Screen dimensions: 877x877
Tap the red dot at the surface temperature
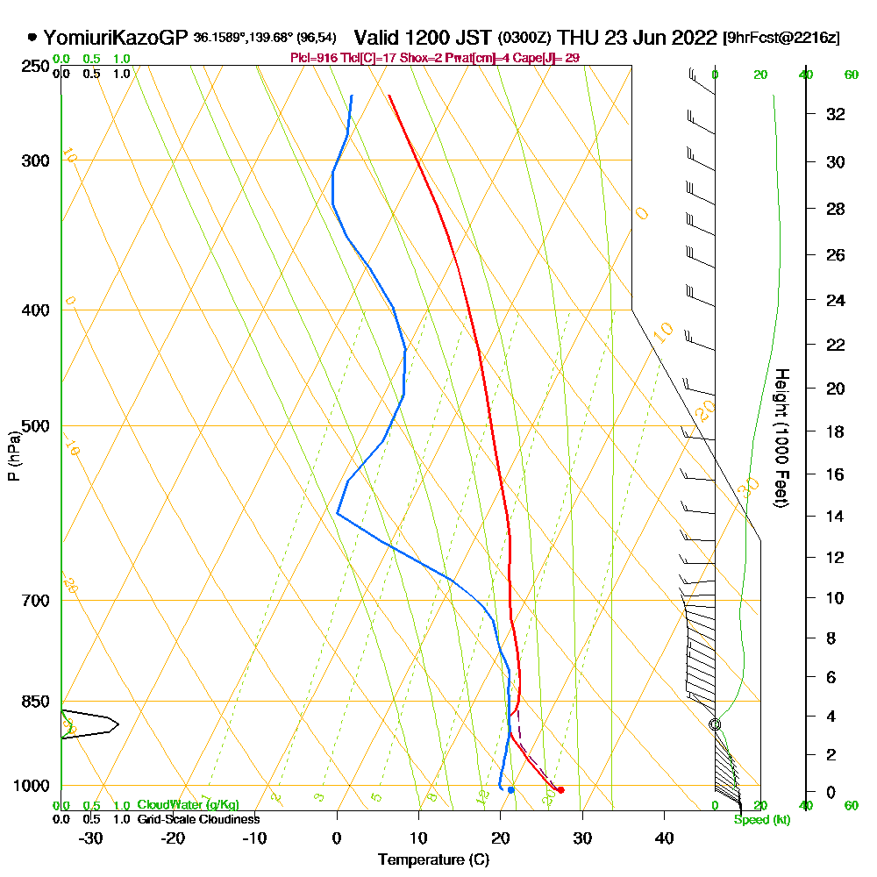(560, 790)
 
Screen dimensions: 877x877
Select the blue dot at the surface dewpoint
(510, 790)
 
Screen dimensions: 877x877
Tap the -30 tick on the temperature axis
(90, 838)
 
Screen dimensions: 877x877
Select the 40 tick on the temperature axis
(664, 838)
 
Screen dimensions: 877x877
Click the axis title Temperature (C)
(433, 859)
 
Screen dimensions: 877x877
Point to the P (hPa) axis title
(13, 456)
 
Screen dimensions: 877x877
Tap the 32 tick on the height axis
(836, 114)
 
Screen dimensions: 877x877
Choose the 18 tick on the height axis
(836, 431)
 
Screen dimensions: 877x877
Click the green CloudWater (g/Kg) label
(188, 805)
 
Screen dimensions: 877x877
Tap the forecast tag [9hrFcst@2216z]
(781, 38)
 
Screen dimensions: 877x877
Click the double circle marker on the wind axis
(715, 724)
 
